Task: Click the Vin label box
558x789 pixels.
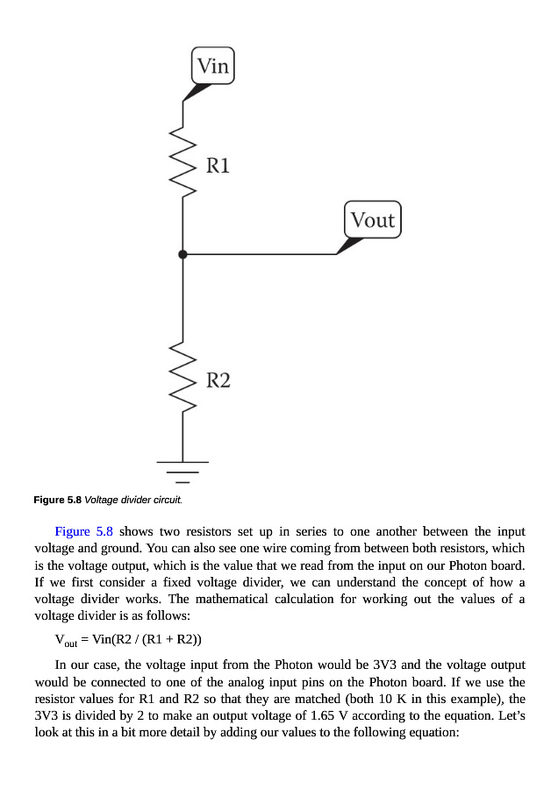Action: pyautogui.click(x=212, y=66)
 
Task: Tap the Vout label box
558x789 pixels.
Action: pyautogui.click(x=373, y=220)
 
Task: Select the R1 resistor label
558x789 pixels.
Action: pyautogui.click(x=218, y=165)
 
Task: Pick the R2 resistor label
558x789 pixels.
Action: pyautogui.click(x=218, y=380)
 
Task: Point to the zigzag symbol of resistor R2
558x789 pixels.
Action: pyautogui.click(x=182, y=378)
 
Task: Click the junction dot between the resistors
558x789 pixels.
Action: pyautogui.click(x=182, y=254)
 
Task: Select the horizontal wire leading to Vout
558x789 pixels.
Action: pyautogui.click(x=263, y=254)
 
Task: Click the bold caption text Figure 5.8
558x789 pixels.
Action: pyautogui.click(x=57, y=500)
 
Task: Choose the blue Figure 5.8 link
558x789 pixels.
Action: pyautogui.click(x=83, y=531)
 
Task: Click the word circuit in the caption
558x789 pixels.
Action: pyautogui.click(x=168, y=500)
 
